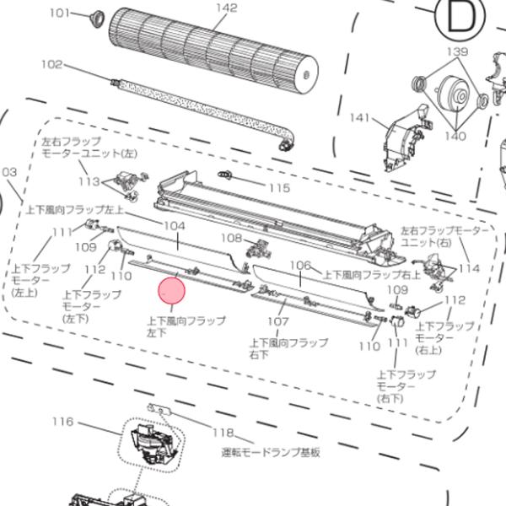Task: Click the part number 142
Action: pyautogui.click(x=226, y=8)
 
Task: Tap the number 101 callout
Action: pyautogui.click(x=59, y=13)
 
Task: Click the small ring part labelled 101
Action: pyautogui.click(x=94, y=17)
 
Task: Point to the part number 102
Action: pyautogui.click(x=52, y=64)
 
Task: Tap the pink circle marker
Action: pyautogui.click(x=171, y=291)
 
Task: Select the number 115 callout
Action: pyautogui.click(x=278, y=188)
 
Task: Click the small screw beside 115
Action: pyautogui.click(x=225, y=175)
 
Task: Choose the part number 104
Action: pyautogui.click(x=175, y=226)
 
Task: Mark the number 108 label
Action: pyautogui.click(x=231, y=238)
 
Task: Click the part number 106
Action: pyautogui.click(x=300, y=265)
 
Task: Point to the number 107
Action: pyautogui.click(x=278, y=321)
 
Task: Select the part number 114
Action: pyautogui.click(x=469, y=268)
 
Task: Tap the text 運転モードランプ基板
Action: pyautogui.click(x=270, y=453)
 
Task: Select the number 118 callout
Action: pyautogui.click(x=223, y=433)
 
